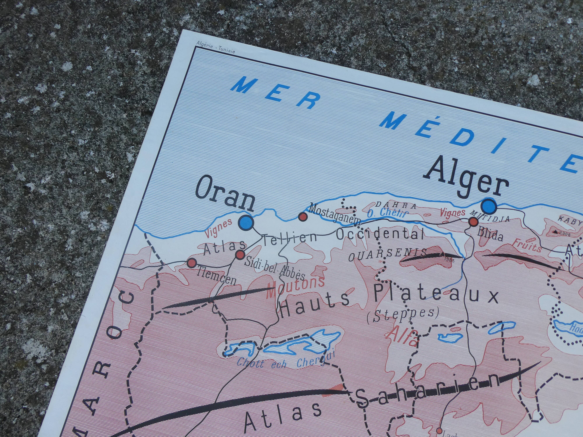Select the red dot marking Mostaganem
click(303, 216)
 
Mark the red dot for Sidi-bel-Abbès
click(240, 254)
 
